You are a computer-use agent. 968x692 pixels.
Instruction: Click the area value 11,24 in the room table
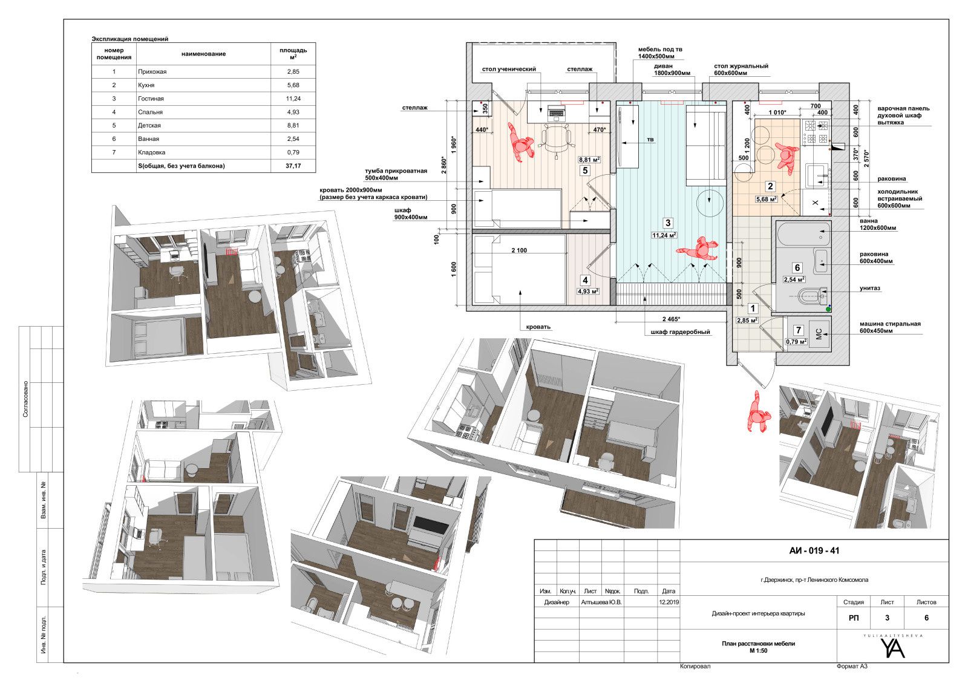[293, 99]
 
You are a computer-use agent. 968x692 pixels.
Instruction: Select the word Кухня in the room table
[146, 85]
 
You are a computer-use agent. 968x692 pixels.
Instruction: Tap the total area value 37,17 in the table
[293, 166]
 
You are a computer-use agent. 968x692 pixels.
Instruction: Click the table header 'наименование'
[203, 54]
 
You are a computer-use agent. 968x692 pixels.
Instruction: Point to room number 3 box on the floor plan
[668, 223]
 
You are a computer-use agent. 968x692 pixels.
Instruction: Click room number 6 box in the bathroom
[797, 268]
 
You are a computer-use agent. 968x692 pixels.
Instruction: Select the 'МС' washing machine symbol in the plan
[819, 333]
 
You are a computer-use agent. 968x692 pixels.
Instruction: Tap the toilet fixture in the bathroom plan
[811, 296]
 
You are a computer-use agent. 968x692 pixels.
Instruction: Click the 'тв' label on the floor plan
[650, 140]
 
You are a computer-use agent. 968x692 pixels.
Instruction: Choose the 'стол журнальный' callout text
[741, 66]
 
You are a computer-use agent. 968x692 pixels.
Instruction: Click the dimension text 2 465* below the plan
[671, 319]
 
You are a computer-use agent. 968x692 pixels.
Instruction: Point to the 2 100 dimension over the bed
[519, 250]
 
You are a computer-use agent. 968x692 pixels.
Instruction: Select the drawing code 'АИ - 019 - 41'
[814, 550]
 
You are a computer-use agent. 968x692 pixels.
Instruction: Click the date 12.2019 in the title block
[669, 602]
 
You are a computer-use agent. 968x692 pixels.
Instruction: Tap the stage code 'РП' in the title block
[854, 618]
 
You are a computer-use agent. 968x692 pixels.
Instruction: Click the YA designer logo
[892, 647]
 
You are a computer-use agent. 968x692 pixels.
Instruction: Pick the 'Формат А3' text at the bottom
[852, 667]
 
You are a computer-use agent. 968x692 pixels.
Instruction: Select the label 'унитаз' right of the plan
[870, 288]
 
